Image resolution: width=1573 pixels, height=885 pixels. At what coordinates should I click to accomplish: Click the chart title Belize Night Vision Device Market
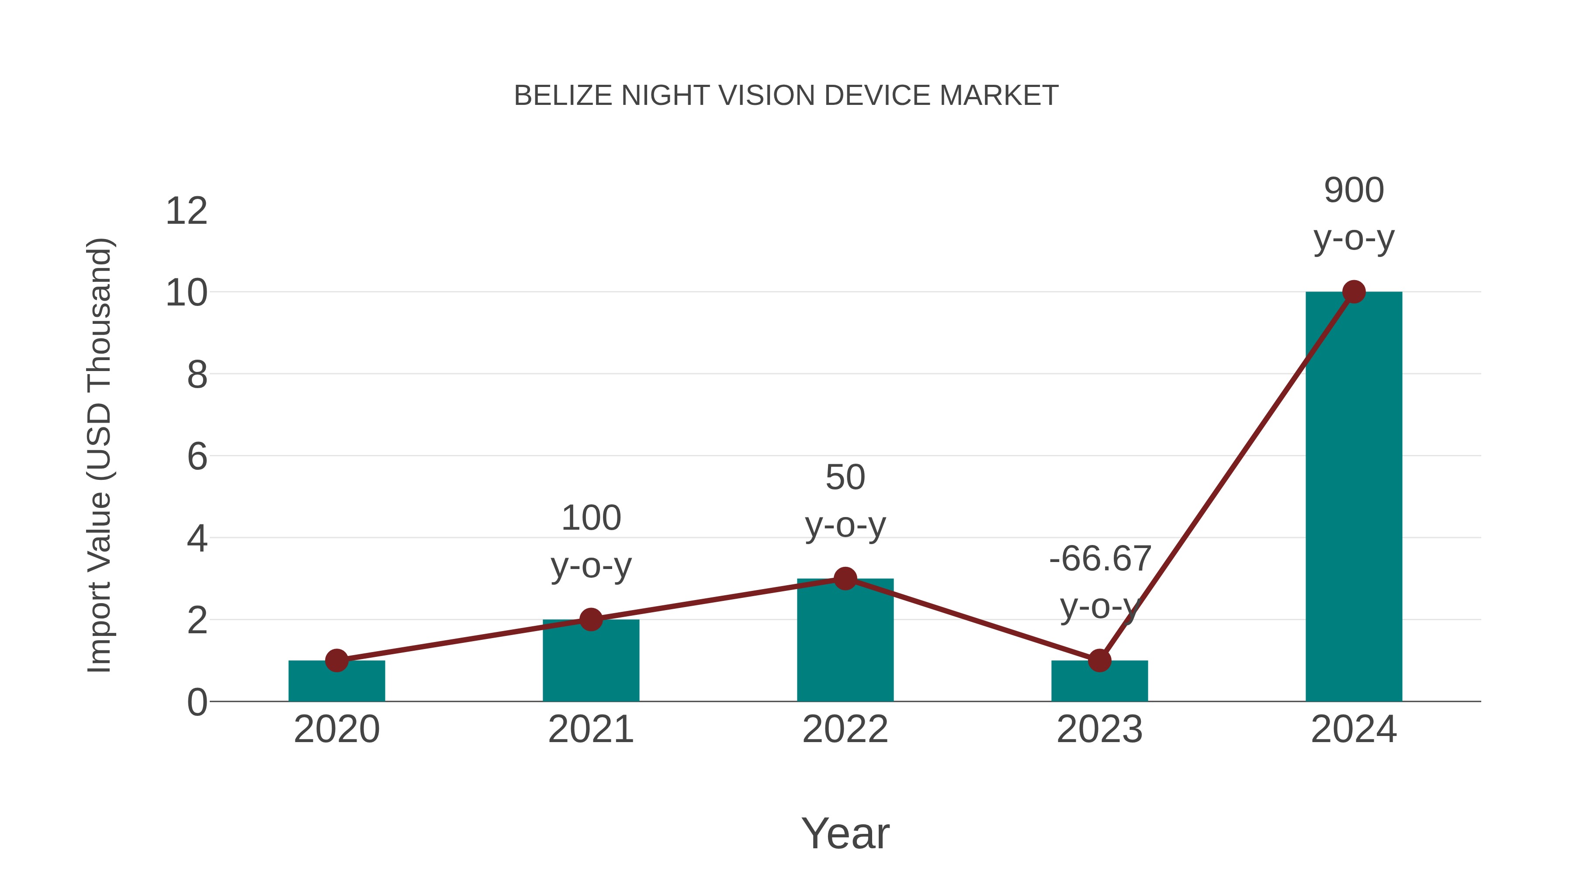pos(786,96)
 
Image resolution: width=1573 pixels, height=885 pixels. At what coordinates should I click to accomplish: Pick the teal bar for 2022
pos(845,641)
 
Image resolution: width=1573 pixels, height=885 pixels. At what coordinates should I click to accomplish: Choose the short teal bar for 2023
pos(1099,683)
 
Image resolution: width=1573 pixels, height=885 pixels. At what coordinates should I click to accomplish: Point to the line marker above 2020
pos(336,660)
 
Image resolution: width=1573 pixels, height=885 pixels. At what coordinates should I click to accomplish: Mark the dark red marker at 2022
pos(845,578)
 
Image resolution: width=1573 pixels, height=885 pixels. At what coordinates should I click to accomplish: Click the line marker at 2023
pos(1099,660)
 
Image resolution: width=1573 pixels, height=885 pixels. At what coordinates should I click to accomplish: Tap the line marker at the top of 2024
pos(1354,292)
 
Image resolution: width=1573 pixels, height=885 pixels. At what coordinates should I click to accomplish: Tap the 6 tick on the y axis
pos(197,457)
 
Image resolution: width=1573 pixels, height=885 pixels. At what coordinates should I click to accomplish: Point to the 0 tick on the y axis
pos(197,702)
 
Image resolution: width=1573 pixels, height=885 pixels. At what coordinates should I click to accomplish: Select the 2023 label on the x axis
pos(1099,730)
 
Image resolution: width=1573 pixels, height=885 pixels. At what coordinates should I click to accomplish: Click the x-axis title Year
pos(845,834)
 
